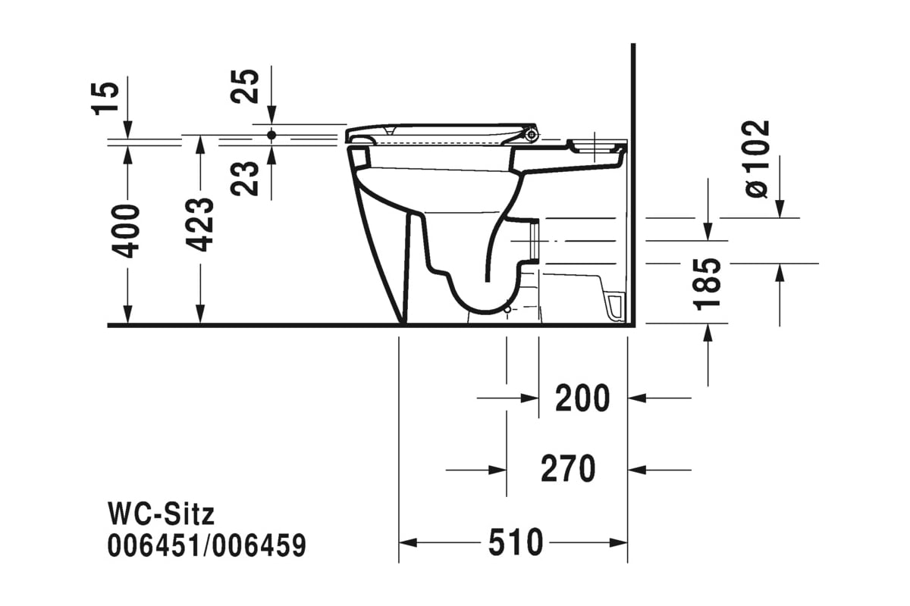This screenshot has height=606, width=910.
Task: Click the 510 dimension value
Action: point(516,542)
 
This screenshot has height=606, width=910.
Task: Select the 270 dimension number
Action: point(568,468)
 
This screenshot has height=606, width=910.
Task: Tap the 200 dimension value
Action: point(582,398)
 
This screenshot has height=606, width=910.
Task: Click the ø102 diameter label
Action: point(758,159)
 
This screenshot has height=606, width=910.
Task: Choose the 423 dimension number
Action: point(199,224)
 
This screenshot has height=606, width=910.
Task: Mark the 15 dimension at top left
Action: point(105,99)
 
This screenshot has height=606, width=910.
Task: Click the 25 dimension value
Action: point(244,86)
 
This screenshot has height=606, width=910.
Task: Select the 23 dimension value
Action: point(244,179)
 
